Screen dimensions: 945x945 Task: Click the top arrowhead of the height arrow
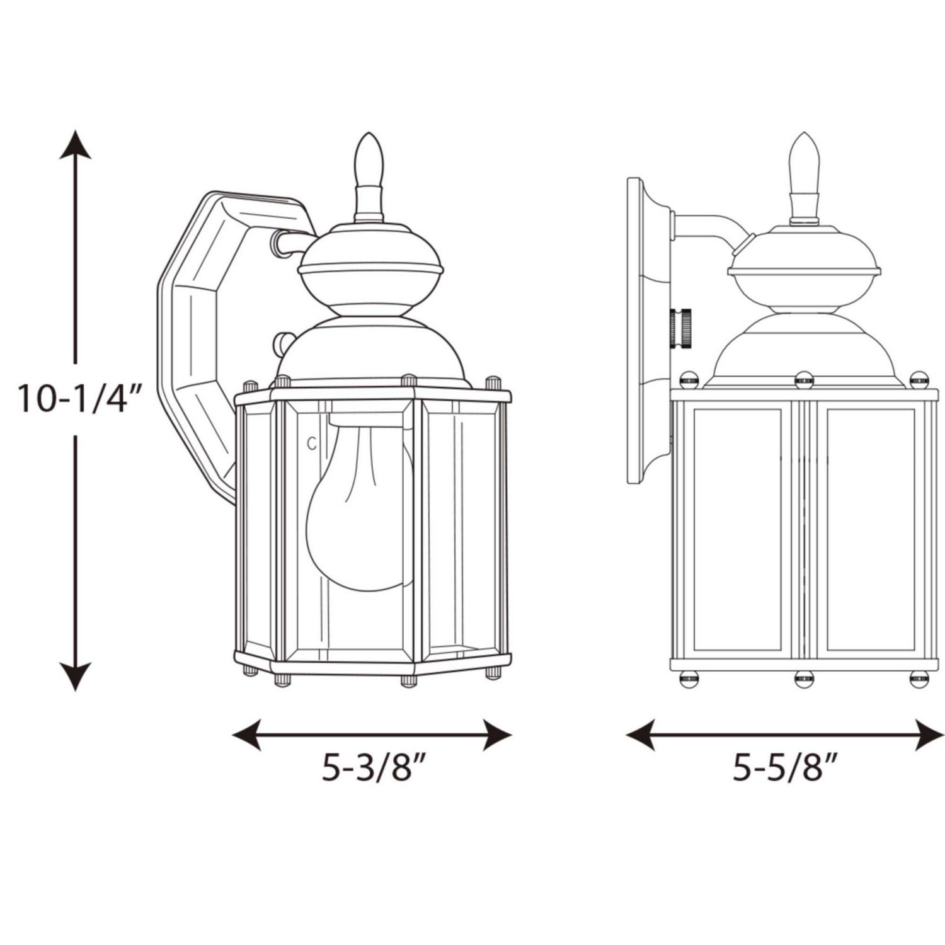[76, 145]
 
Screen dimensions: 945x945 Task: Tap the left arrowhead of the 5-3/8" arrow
[247, 735]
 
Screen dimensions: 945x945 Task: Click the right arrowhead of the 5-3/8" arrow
[497, 735]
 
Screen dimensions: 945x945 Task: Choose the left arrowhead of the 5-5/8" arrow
[641, 735]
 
